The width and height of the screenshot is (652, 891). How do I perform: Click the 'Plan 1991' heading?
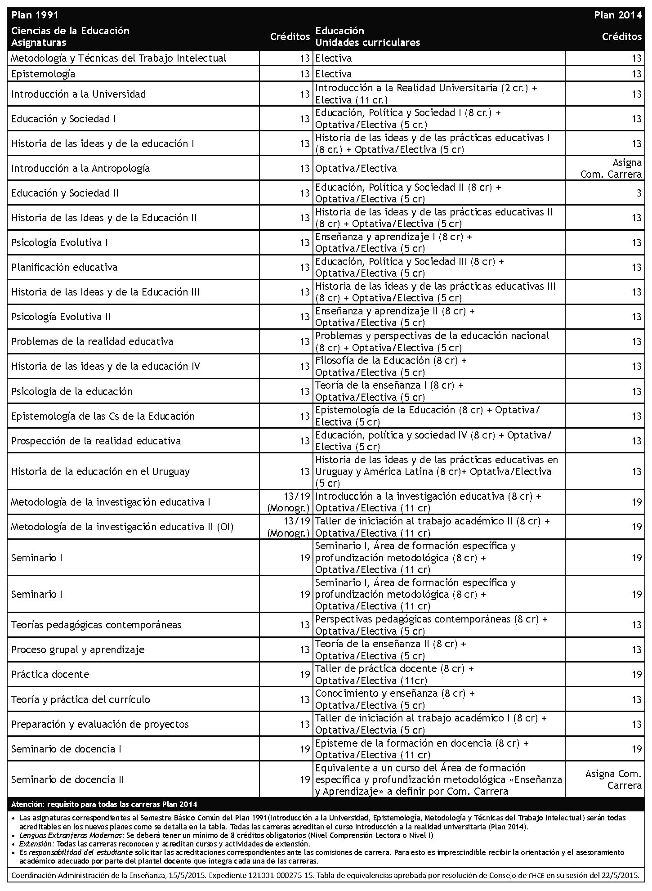tap(35, 15)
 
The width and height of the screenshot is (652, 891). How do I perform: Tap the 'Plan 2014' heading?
tap(617, 15)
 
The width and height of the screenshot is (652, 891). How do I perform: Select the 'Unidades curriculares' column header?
tap(367, 43)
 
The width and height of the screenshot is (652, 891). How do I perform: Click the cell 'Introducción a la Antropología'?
tap(80, 168)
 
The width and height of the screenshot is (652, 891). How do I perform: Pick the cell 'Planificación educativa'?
tap(64, 267)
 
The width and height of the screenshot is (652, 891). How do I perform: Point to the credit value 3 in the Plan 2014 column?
tap(639, 193)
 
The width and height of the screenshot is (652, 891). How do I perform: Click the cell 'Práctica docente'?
tap(50, 674)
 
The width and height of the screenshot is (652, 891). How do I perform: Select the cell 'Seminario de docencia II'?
tap(67, 779)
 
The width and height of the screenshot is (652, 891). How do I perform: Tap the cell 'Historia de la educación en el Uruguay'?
tap(101, 471)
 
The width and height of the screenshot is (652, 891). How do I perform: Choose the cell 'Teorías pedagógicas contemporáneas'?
tap(96, 625)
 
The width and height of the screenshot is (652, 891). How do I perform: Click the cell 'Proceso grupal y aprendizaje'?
tap(78, 649)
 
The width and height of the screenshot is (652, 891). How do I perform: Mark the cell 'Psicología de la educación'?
tap(72, 391)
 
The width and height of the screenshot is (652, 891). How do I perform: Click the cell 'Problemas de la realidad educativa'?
tap(92, 341)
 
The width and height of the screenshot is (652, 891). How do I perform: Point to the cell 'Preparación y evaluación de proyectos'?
tap(100, 724)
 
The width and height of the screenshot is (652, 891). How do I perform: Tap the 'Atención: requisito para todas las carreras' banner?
tap(104, 804)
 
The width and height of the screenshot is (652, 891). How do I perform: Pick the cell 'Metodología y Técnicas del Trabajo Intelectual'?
tap(119, 58)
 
